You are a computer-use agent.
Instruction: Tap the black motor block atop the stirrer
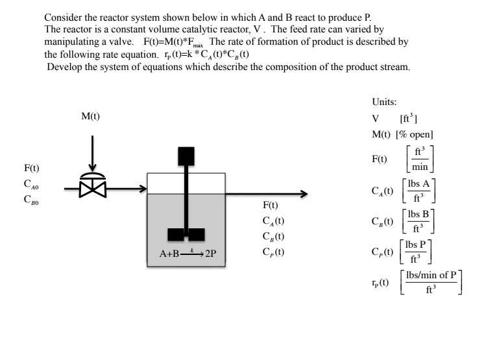click(186, 156)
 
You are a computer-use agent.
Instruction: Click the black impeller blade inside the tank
click(186, 234)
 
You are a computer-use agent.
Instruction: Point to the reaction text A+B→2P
click(188, 252)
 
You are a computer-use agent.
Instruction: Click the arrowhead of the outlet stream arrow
click(302, 193)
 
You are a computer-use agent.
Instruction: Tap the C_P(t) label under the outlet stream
click(273, 251)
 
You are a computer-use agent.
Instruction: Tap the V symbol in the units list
click(375, 119)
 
